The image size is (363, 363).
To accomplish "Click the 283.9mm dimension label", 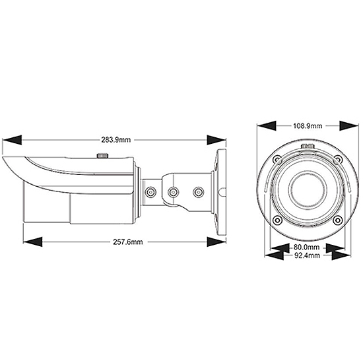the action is (115, 140).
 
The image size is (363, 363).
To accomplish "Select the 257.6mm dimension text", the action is (128, 242).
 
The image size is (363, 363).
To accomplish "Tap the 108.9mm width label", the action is (308, 126).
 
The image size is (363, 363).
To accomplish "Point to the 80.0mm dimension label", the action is (306, 247).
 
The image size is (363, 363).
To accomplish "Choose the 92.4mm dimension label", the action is (307, 255).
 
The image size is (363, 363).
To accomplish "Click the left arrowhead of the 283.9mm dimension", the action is (12, 140).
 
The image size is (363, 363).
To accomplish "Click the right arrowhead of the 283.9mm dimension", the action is (216, 140).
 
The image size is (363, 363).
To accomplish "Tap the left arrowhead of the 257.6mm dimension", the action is (32, 242).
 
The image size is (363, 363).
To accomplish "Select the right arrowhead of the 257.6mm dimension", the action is (216, 242).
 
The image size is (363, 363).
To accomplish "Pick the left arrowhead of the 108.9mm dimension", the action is (267, 125).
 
